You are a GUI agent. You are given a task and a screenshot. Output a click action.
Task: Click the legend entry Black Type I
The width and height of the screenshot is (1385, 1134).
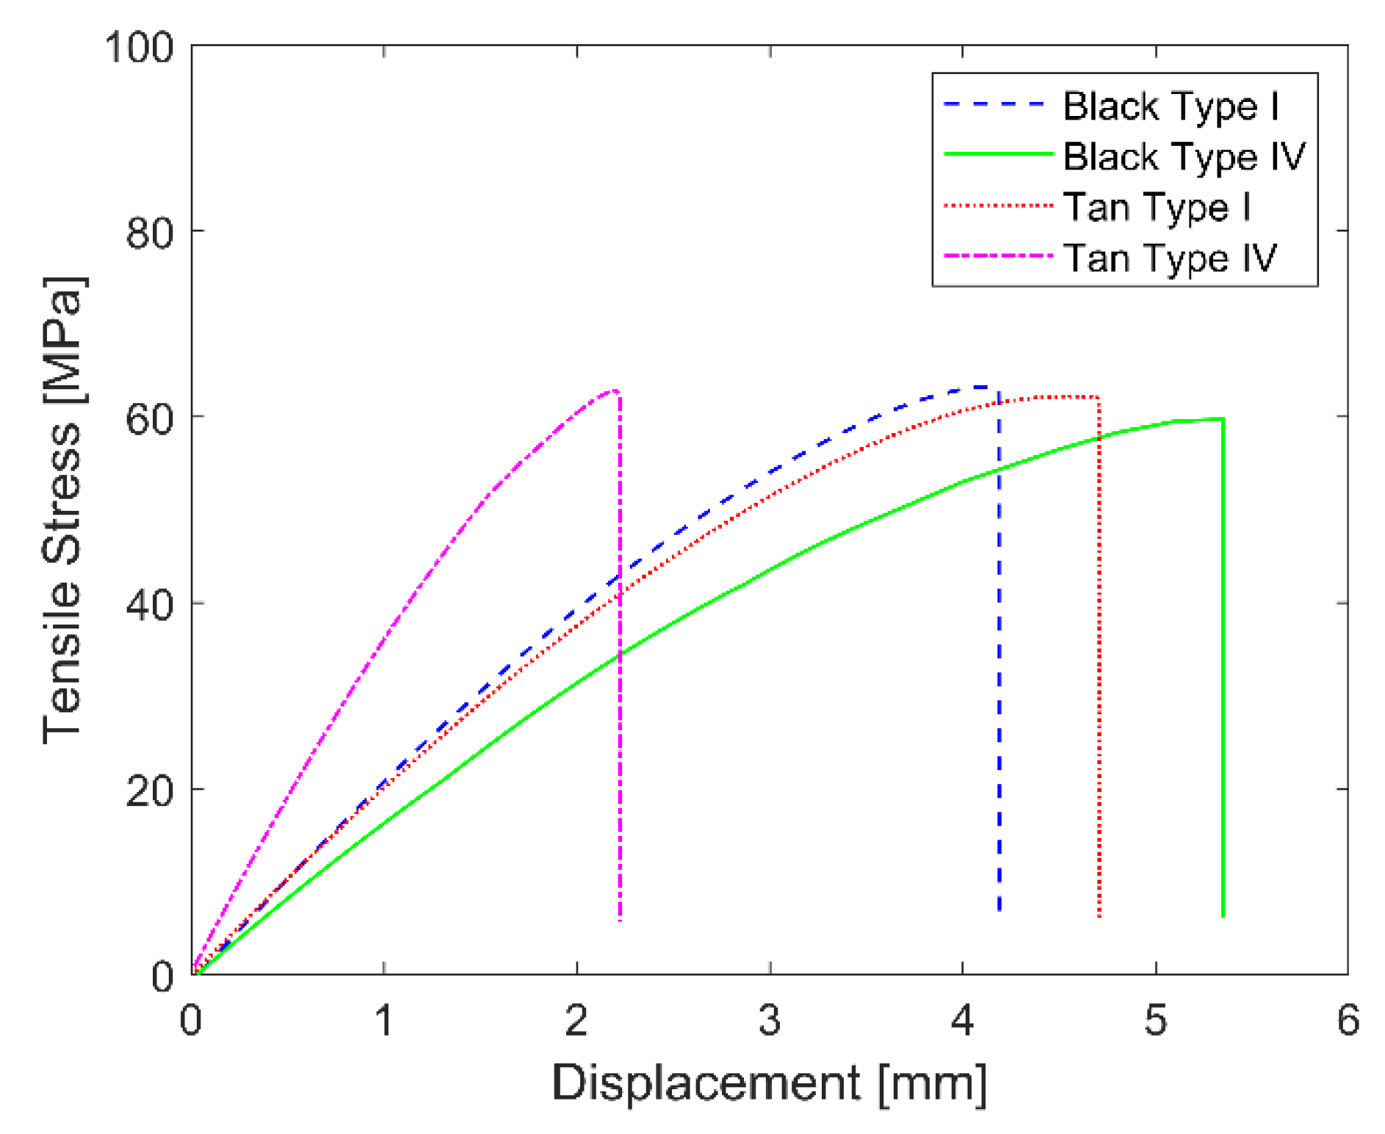1171,106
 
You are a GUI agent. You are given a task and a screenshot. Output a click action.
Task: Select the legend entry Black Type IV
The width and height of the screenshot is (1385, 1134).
1184,157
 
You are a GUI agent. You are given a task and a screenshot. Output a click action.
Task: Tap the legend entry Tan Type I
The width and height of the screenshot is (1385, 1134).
1157,207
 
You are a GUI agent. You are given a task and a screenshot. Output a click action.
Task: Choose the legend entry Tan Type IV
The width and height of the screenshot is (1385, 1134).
1170,258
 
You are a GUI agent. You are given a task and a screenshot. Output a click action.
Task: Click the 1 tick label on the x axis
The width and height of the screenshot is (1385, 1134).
384,1020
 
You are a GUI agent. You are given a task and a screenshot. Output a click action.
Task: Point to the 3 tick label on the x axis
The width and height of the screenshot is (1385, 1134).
770,1020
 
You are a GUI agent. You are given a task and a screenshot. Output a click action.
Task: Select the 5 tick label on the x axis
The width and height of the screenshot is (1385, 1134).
1155,1020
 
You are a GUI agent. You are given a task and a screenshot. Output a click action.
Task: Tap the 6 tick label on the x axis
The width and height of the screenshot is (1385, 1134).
1348,1020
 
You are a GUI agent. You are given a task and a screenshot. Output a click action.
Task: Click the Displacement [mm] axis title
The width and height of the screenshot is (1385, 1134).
769,1083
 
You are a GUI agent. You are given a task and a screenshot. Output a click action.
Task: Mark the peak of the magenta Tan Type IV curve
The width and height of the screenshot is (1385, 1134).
615,390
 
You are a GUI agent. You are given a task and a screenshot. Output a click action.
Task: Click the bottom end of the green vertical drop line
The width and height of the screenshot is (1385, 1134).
1223,916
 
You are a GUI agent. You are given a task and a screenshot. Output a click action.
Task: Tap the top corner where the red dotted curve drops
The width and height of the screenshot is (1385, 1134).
1099,397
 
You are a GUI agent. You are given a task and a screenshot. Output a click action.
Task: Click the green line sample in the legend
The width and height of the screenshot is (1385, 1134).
997,154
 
